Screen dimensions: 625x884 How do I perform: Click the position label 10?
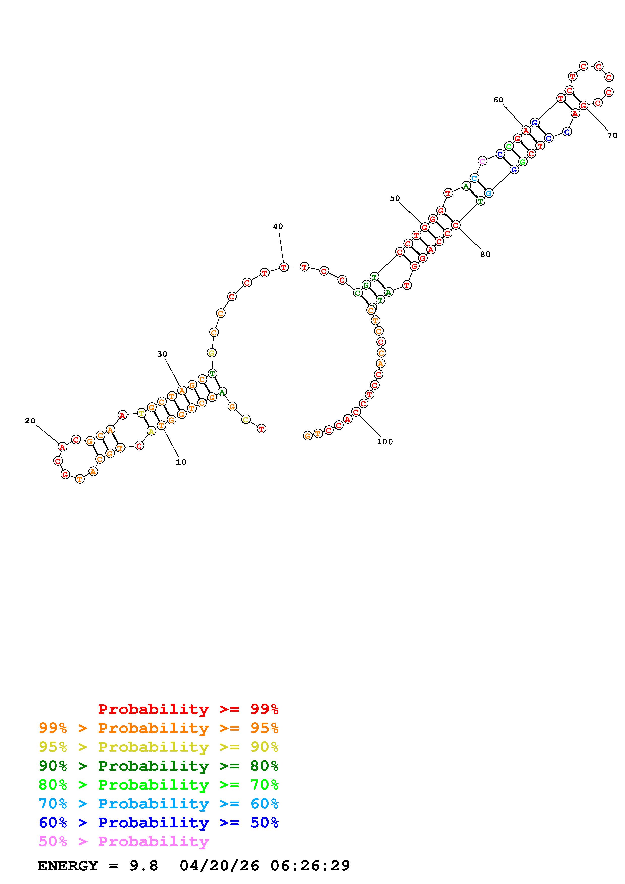click(181, 462)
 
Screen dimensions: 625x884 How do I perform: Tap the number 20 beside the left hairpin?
click(30, 421)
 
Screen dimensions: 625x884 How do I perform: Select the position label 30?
click(162, 354)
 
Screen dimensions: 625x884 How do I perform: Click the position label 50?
click(395, 198)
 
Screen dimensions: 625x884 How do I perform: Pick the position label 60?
click(498, 100)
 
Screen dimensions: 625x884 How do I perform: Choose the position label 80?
click(485, 255)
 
